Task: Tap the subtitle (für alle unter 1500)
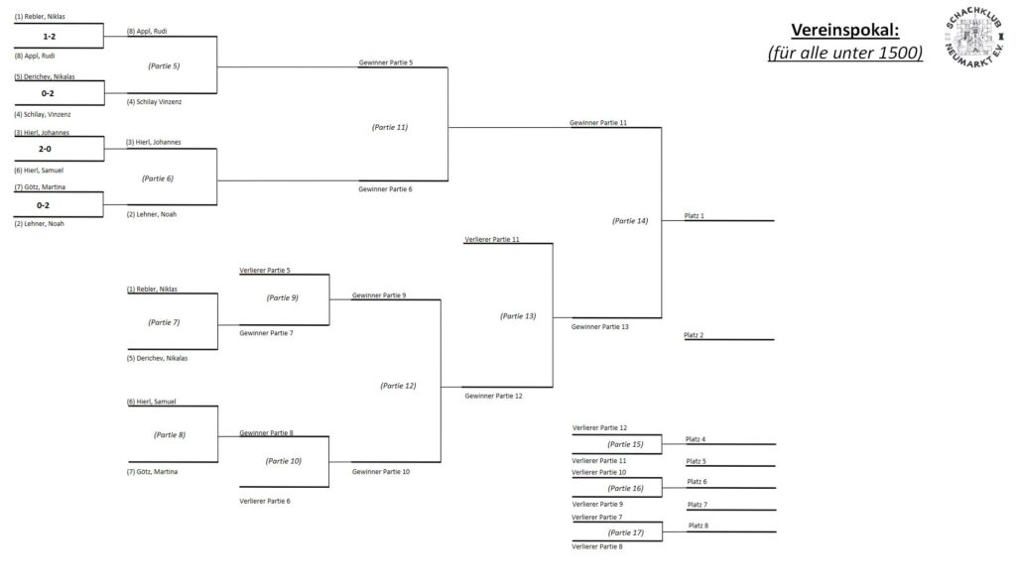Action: [x=844, y=53]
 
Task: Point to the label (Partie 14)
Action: [x=630, y=221]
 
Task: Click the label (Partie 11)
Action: [x=390, y=127]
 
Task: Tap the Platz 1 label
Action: [x=695, y=215]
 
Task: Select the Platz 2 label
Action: [x=695, y=335]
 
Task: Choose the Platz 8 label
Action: [x=698, y=526]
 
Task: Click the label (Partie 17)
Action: [x=626, y=532]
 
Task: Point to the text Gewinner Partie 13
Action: [x=600, y=326]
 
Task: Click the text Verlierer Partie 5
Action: [x=265, y=271]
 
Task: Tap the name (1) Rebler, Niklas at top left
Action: [x=40, y=17]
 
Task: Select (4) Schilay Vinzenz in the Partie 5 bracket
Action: [x=155, y=101]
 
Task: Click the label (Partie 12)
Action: [x=398, y=386]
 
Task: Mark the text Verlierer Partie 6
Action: [x=265, y=501]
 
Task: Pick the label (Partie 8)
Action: [x=170, y=434]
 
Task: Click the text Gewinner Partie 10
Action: [x=381, y=471]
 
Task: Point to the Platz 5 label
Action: [x=697, y=461]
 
